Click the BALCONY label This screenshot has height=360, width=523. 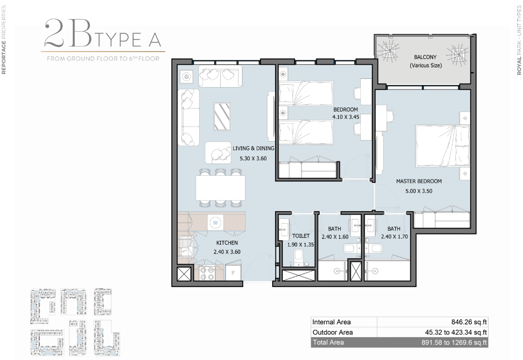[425, 57]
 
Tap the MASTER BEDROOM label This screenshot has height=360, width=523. [419, 181]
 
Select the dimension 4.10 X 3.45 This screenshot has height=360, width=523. [346, 117]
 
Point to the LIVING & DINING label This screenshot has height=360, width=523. [254, 148]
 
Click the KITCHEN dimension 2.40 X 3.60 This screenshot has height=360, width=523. [227, 252]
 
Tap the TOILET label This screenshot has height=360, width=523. [301, 236]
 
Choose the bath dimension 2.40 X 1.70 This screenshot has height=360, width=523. [395, 237]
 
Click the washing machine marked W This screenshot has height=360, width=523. [215, 222]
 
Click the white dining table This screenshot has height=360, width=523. [221, 188]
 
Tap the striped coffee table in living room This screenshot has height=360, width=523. [222, 117]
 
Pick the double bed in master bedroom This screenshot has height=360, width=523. [443, 146]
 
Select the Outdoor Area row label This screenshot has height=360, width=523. [332, 332]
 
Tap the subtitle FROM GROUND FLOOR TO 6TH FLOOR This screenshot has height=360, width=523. [103, 59]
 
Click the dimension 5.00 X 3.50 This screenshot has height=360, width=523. [419, 191]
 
